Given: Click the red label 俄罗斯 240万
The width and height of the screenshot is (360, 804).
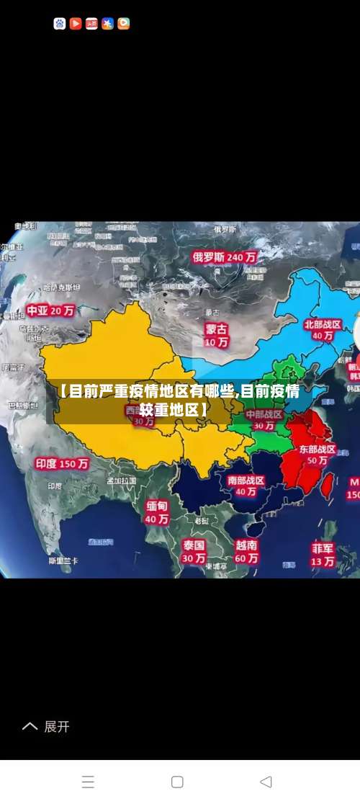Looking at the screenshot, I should [224, 256].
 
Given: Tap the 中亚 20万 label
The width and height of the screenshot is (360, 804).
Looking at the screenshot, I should [50, 311].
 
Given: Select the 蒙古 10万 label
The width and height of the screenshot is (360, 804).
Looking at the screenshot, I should [217, 335].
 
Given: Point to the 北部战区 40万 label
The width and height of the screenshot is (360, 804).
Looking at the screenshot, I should [323, 330].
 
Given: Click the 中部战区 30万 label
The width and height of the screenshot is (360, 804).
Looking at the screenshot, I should [264, 420].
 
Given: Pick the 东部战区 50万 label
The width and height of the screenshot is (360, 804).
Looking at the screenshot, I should [318, 454].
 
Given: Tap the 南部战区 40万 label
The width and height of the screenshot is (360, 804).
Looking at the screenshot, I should [246, 486].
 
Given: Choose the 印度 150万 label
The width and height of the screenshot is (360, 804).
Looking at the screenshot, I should [62, 464].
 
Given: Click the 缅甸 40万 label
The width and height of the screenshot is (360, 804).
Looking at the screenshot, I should [157, 512].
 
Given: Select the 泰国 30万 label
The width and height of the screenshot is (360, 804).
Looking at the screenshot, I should [194, 551].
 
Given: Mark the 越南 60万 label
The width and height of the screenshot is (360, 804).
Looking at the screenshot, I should [246, 551].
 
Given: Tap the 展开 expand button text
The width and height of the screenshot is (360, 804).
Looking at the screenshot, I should [57, 727].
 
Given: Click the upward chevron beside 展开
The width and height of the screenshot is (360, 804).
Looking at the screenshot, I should [30, 727].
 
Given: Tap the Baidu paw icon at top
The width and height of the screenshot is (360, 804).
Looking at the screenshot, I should [60, 24].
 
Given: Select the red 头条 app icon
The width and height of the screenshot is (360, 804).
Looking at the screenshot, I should [91, 24].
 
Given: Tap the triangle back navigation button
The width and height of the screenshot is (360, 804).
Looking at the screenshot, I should [265, 782].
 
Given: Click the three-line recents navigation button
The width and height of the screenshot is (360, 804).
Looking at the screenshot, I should [88, 782].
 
